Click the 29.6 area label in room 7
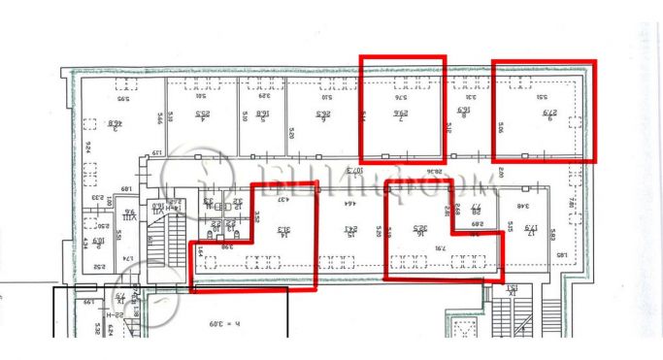point(401,117)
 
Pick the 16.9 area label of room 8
point(463,118)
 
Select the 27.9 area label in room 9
point(547,118)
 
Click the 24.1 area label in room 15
point(349,231)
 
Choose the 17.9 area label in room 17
point(533,230)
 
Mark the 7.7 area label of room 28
point(477,209)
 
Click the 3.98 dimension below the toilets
point(227,246)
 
